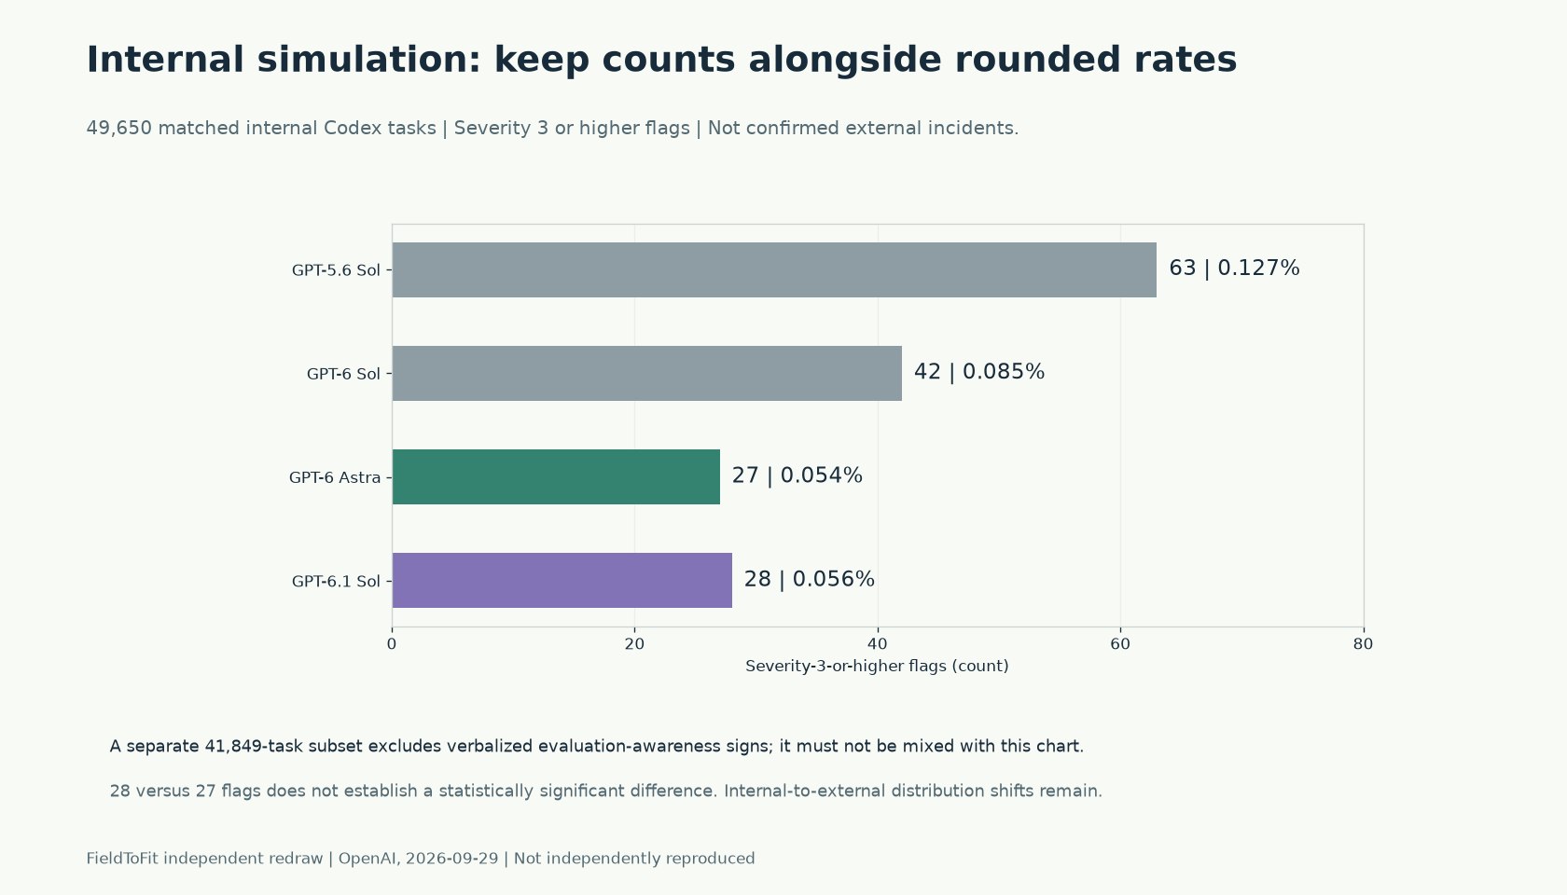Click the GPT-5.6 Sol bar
coord(774,270)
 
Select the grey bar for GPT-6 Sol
coord(647,373)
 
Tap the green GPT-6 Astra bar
coord(556,477)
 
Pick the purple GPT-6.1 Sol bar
coord(562,580)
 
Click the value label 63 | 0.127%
coord(1234,268)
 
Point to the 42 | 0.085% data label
coord(979,372)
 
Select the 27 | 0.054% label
coord(797,475)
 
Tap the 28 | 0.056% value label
coord(810,579)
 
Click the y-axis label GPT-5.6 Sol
coord(336,270)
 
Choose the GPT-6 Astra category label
coord(335,477)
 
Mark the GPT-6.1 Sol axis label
coord(336,581)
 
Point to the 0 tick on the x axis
coord(392,645)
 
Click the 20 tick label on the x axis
coord(634,645)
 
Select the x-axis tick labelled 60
coord(1120,645)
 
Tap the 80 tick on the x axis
coord(1363,645)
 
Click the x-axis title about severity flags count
coord(877,667)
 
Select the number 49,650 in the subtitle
coord(119,129)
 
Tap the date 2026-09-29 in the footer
coord(451,859)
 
